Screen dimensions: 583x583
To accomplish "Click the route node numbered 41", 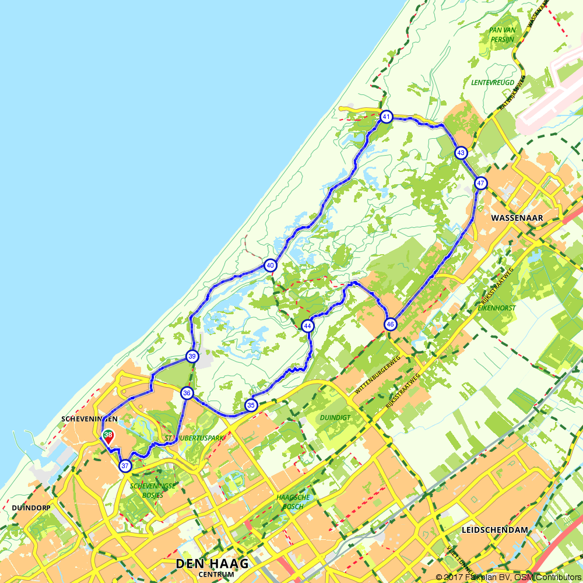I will tap(386, 117).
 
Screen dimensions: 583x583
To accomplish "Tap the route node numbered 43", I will tap(461, 153).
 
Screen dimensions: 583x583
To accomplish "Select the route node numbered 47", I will tap(480, 183).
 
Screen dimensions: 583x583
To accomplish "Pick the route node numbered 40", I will tap(270, 265).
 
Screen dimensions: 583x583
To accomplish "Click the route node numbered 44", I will tap(308, 326).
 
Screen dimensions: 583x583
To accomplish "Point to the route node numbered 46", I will tap(390, 324).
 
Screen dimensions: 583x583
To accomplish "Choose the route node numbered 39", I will tap(192, 356).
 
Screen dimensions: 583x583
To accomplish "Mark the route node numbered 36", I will tap(187, 393).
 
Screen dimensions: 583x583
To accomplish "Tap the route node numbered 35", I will tap(251, 405).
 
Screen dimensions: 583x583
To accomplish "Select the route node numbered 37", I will tap(125, 466).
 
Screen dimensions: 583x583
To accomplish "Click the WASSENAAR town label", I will tap(517, 218).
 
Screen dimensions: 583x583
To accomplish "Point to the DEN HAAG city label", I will tap(212, 564).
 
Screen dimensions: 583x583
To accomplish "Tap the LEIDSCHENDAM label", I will tap(494, 530).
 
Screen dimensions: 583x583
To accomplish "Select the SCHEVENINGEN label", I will tap(89, 419).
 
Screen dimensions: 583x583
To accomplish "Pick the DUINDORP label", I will tap(31, 508).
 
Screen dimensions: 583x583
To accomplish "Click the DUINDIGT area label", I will tap(335, 417).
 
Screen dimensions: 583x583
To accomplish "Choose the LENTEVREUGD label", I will tap(493, 82).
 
